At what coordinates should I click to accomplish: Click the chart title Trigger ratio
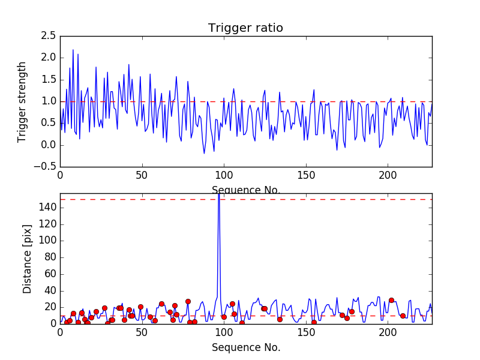tap(245, 28)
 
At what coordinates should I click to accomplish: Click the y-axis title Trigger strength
tap(22, 101)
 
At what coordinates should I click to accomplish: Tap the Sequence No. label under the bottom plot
tap(246, 347)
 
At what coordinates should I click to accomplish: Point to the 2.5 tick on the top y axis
tap(49, 36)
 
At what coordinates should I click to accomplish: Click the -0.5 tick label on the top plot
tap(46, 167)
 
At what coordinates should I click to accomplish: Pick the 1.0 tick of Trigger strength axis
tap(49, 101)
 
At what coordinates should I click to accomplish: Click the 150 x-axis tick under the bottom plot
tap(306, 332)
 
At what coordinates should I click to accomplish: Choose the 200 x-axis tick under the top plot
tap(388, 175)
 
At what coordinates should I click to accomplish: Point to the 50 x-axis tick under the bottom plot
tap(142, 332)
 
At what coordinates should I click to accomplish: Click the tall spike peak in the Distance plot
tap(218, 196)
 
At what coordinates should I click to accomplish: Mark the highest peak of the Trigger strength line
tap(73, 50)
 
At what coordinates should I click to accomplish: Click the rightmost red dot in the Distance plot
tap(403, 316)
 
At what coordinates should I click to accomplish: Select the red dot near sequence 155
tap(314, 322)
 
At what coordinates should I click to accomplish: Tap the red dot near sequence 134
tap(280, 319)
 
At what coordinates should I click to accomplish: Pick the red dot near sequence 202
tap(391, 300)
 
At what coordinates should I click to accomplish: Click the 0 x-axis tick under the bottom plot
tap(60, 332)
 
